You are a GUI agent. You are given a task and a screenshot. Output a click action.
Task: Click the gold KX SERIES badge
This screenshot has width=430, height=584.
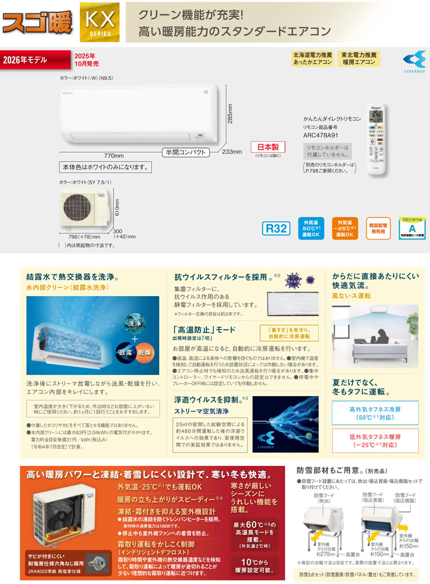click(x=100, y=22)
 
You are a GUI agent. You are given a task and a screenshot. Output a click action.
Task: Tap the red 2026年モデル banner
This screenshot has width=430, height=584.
click(x=35, y=60)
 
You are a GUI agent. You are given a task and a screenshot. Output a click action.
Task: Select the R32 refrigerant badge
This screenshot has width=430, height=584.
click(x=276, y=229)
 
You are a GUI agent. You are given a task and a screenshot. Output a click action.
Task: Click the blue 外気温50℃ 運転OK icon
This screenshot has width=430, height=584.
click(x=311, y=229)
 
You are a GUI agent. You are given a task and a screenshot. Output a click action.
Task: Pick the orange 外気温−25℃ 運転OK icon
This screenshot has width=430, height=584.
click(x=344, y=229)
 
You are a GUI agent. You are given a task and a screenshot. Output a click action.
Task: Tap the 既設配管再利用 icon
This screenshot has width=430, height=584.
click(x=378, y=229)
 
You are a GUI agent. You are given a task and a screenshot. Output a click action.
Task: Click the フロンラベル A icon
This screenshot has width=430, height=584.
click(x=412, y=228)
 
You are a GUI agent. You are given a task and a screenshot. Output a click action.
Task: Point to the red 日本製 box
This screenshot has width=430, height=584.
click(x=268, y=147)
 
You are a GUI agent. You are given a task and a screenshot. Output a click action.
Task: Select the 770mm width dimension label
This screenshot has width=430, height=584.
click(x=114, y=156)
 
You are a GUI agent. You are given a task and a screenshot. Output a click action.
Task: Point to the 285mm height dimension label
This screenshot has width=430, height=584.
click(x=230, y=113)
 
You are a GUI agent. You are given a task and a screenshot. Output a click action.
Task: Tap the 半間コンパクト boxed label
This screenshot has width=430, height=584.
click(x=186, y=152)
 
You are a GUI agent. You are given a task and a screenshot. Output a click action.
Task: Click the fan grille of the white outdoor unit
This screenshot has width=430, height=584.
click(x=77, y=207)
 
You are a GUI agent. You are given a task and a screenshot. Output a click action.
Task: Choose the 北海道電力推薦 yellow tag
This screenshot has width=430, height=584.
click(x=312, y=58)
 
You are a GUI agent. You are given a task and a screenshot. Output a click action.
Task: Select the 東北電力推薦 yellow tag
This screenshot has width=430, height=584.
click(x=359, y=58)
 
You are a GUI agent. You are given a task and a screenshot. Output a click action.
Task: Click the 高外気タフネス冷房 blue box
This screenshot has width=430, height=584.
click(x=375, y=413)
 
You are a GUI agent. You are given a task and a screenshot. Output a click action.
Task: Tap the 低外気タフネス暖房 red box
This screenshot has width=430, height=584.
click(x=375, y=441)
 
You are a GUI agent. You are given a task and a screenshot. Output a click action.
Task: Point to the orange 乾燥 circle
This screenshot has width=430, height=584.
click(x=144, y=352)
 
